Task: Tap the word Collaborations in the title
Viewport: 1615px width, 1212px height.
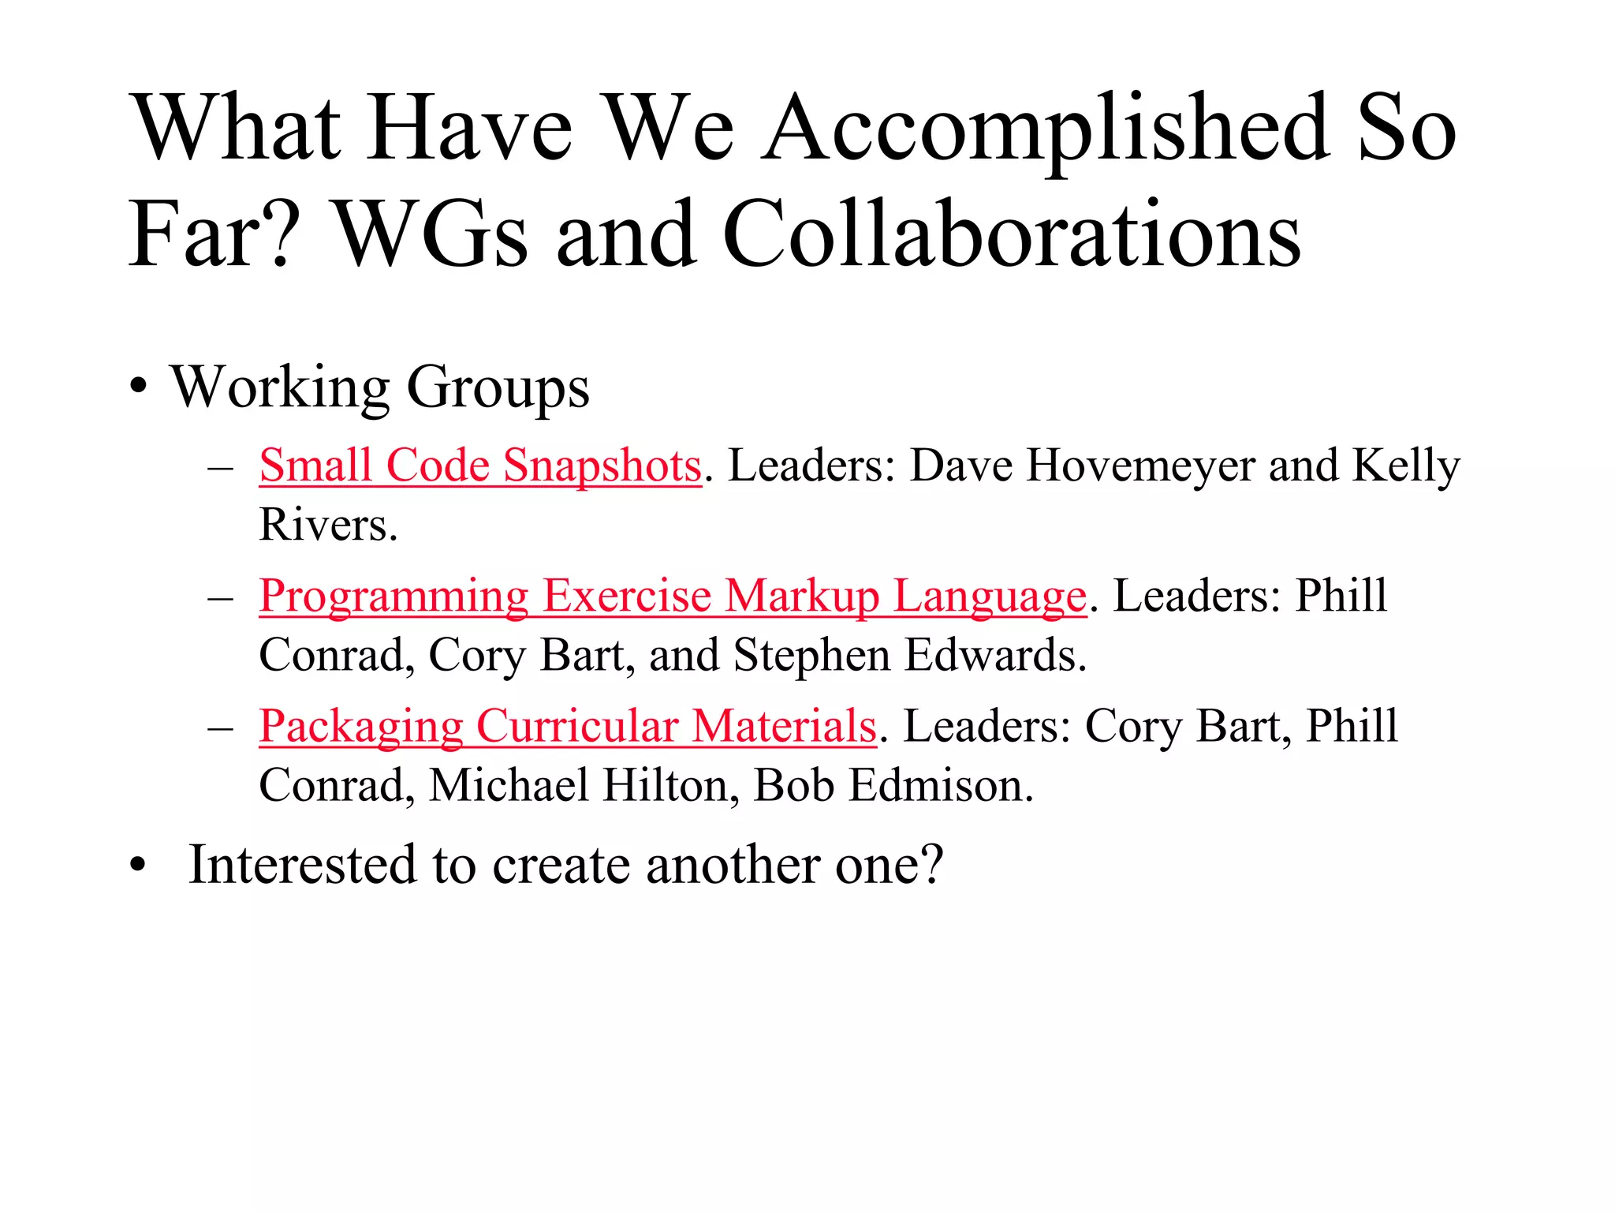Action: pyautogui.click(x=1011, y=234)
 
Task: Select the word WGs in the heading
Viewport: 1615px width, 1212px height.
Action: pyautogui.click(x=431, y=234)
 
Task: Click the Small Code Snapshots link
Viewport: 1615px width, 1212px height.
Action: pyautogui.click(x=480, y=466)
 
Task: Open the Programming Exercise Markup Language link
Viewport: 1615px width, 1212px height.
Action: pyautogui.click(x=673, y=596)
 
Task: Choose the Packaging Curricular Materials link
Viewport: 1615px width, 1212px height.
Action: pyautogui.click(x=568, y=726)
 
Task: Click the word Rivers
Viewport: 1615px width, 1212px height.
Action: pyautogui.click(x=327, y=526)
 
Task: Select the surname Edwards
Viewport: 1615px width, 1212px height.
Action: pyautogui.click(x=995, y=656)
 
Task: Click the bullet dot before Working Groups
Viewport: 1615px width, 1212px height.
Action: pyautogui.click(x=139, y=387)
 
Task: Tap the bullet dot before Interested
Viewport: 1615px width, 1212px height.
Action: pyautogui.click(x=139, y=866)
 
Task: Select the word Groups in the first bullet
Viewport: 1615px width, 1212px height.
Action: pyautogui.click(x=498, y=389)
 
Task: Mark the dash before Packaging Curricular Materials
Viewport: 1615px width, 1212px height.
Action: pyautogui.click(x=220, y=727)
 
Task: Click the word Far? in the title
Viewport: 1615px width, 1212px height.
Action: pyautogui.click(x=214, y=234)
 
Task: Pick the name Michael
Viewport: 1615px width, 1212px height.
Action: pyautogui.click(x=509, y=786)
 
